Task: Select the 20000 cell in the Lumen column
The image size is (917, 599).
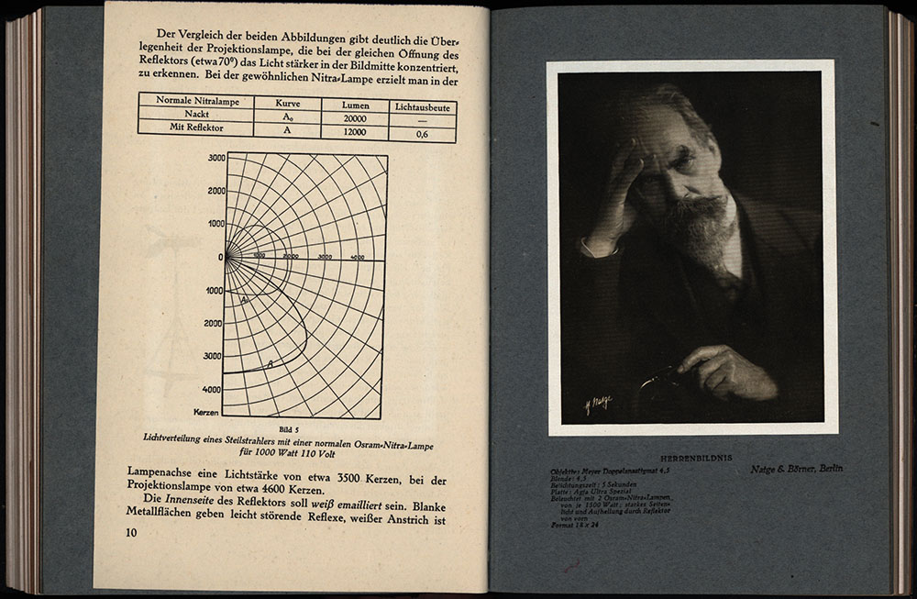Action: [355, 118]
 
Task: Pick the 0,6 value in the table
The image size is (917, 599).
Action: [422, 134]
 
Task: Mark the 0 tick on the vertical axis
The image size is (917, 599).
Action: [221, 258]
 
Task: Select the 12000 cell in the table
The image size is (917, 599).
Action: [355, 132]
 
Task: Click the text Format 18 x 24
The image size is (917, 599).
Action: [575, 526]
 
